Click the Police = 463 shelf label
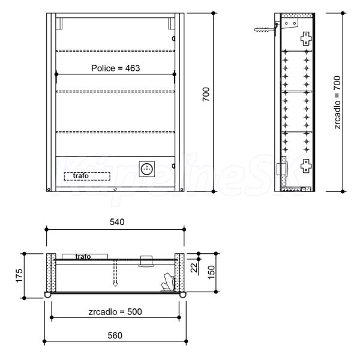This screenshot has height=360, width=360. click(115, 68)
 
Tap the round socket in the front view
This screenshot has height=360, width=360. click(147, 169)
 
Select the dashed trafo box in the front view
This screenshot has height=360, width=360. click(87, 176)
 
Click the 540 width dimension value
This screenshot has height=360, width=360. click(117, 222)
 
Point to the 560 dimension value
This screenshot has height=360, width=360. click(115, 335)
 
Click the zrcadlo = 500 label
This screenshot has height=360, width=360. click(115, 312)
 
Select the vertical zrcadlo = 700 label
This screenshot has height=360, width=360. click(337, 103)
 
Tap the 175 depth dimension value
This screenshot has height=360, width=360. click(19, 275)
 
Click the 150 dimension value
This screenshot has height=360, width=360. click(211, 272)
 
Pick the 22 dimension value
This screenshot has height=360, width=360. click(194, 268)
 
